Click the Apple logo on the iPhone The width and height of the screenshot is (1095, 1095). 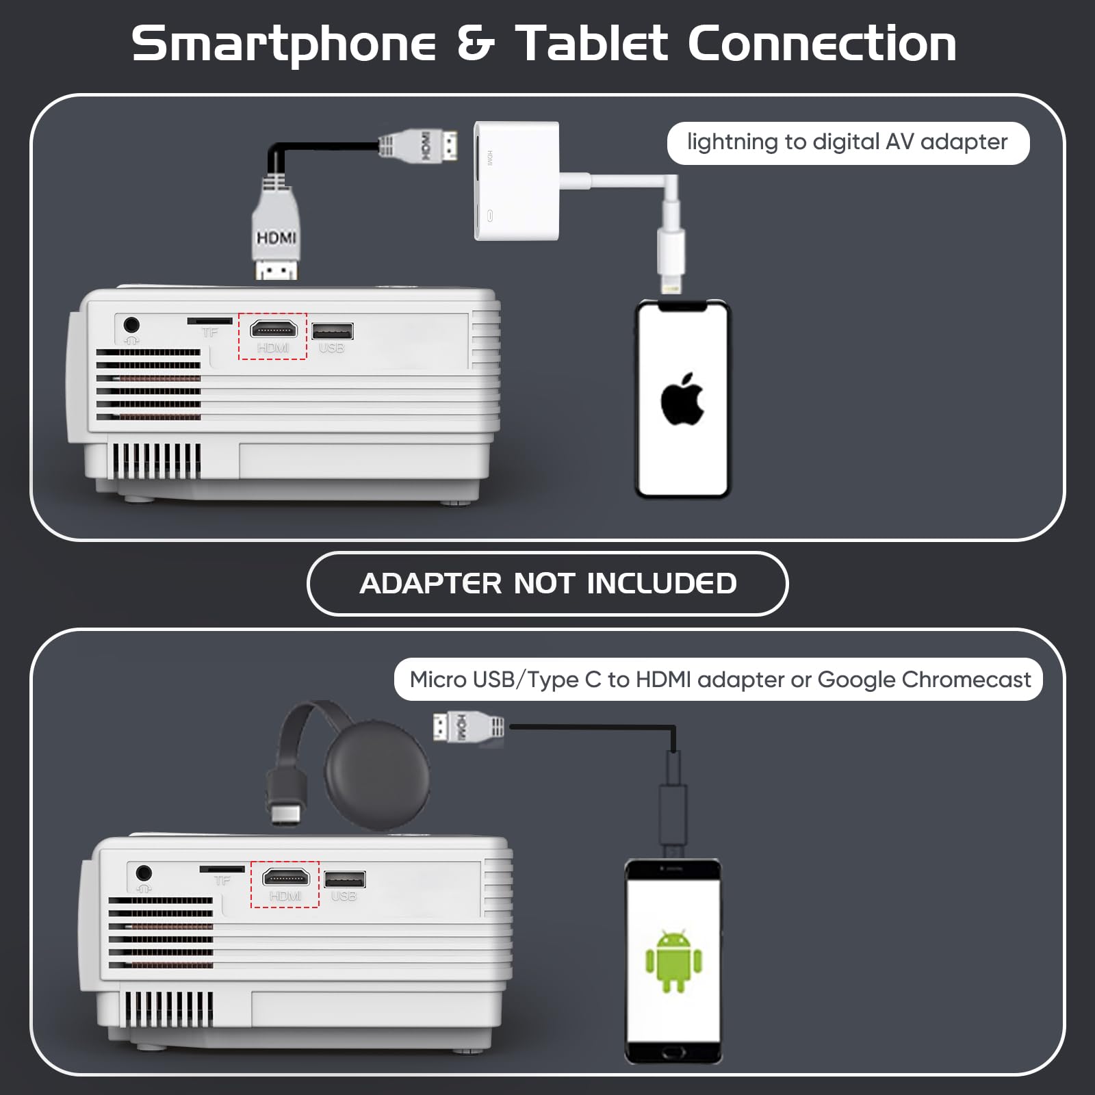click(682, 399)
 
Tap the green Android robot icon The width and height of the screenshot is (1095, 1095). click(673, 961)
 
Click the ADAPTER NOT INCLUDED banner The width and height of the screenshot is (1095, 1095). click(547, 584)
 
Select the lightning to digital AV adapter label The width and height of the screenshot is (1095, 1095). click(848, 142)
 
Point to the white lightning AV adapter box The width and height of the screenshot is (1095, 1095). click(517, 181)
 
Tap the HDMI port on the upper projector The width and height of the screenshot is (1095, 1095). click(274, 329)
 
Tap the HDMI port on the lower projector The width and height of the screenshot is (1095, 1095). click(286, 877)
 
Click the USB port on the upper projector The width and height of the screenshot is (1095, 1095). click(333, 331)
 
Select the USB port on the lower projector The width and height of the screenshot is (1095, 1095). click(345, 879)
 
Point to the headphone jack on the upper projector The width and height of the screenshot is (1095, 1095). click(131, 324)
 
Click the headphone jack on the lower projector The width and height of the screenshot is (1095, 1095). click(144, 873)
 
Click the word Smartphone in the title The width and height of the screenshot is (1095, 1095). click(283, 44)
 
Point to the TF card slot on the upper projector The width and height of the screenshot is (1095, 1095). click(209, 320)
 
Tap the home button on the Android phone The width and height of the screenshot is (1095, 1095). click(673, 1052)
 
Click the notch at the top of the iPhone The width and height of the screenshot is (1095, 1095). click(682, 307)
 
